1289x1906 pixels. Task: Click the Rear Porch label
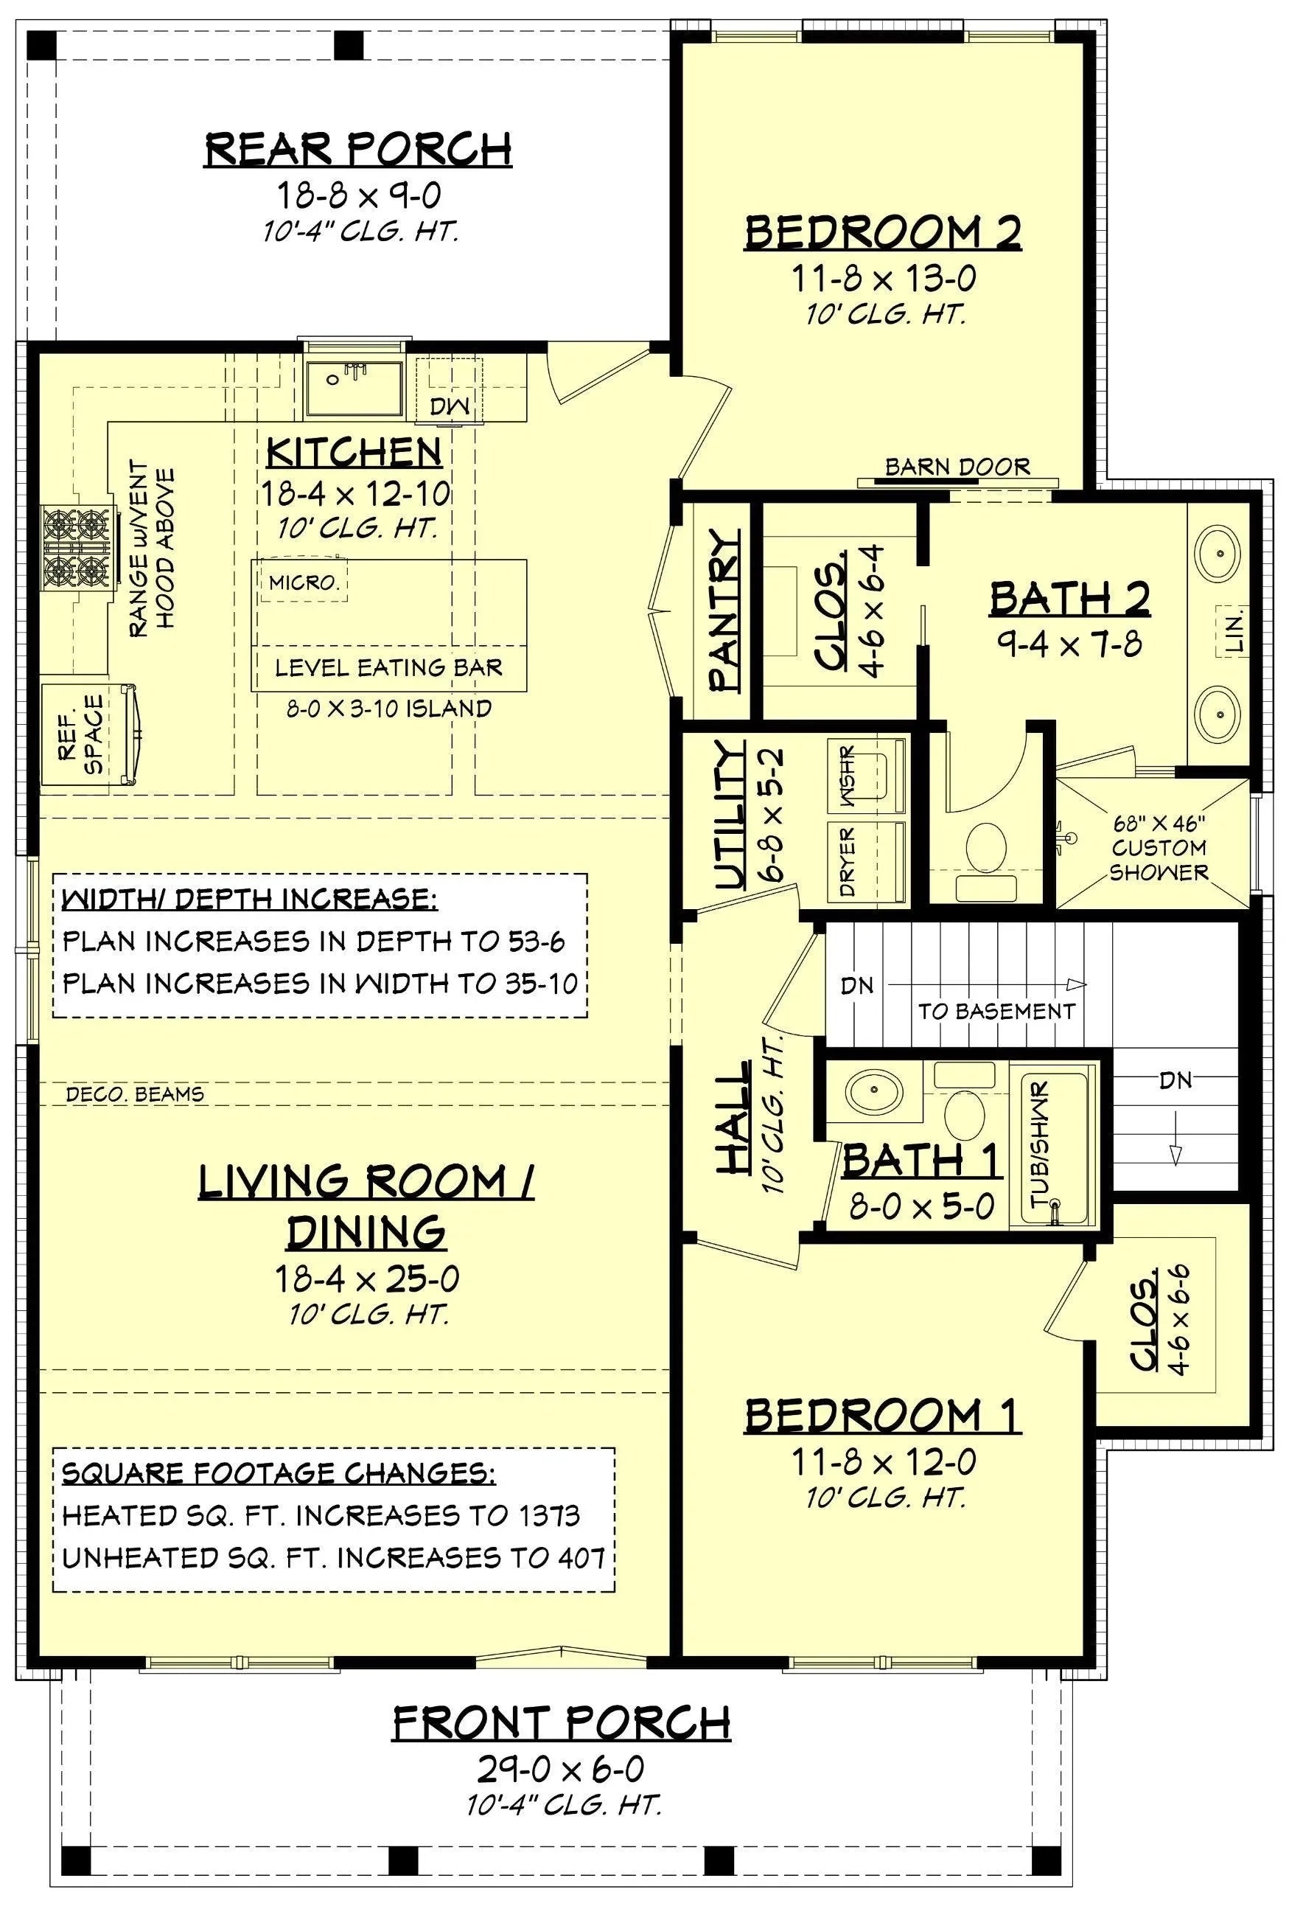pos(357,148)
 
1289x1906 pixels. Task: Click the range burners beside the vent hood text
pos(75,546)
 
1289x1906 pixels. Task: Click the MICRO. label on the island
pos(304,583)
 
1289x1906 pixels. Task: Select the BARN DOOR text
pos(956,467)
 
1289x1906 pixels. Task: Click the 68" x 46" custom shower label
pos(1158,846)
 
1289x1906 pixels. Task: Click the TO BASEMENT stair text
pos(995,1010)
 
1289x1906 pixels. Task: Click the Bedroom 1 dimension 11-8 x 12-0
pos(882,1461)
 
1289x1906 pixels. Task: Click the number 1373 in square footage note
pos(548,1514)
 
